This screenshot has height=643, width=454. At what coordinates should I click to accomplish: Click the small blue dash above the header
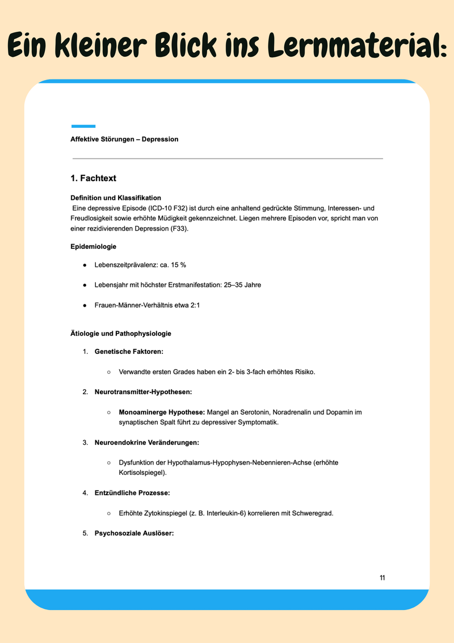(x=83, y=126)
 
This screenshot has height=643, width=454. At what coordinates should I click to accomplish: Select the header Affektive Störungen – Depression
(x=124, y=139)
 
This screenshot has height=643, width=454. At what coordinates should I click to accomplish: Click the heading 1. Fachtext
(x=93, y=178)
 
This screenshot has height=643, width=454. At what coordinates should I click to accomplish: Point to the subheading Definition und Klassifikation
(x=116, y=198)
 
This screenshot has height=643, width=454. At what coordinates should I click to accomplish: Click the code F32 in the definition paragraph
(x=179, y=208)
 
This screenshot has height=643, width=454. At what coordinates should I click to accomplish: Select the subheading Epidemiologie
(x=94, y=247)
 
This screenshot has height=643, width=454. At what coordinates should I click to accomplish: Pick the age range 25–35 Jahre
(x=241, y=285)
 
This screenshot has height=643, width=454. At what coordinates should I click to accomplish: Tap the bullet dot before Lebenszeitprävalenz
(x=84, y=266)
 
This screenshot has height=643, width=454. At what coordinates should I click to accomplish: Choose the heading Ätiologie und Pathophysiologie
(x=121, y=333)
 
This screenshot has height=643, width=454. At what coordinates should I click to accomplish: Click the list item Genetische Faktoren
(x=129, y=352)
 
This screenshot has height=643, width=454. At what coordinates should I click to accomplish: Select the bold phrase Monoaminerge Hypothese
(x=162, y=412)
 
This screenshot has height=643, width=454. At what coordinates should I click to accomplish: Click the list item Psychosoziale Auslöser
(x=134, y=533)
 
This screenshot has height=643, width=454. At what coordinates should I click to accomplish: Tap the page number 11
(x=382, y=578)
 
